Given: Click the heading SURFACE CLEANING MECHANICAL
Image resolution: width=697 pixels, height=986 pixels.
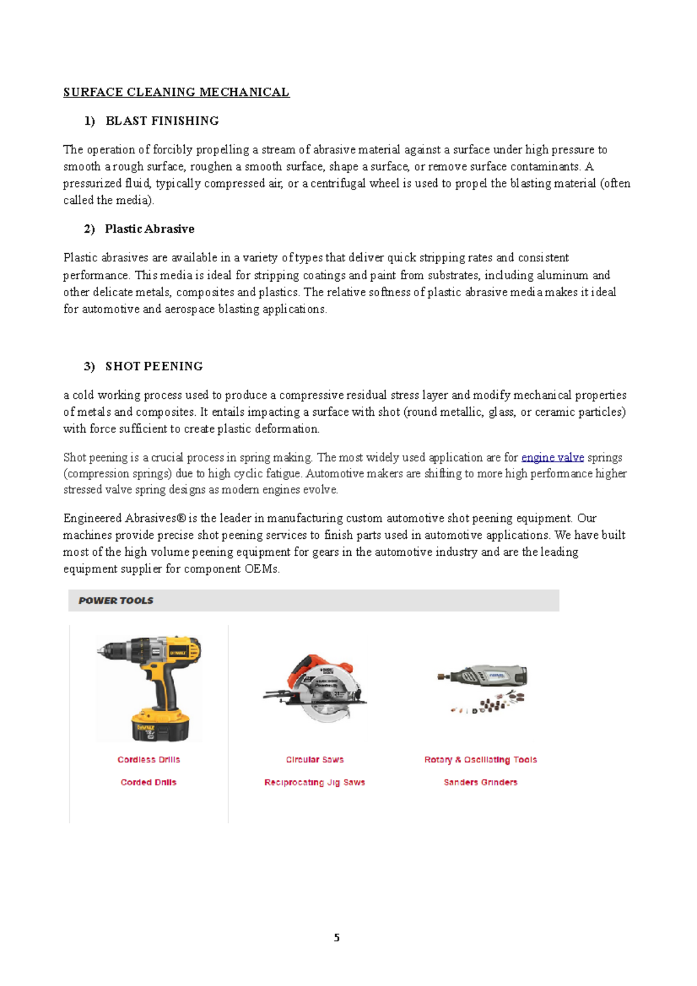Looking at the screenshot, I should tap(176, 92).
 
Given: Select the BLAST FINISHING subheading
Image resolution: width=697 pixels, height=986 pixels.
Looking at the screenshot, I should tap(162, 121).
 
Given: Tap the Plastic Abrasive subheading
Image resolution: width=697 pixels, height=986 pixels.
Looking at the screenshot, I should tap(149, 229).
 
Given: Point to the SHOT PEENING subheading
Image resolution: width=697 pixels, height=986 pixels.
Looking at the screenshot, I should tap(154, 366).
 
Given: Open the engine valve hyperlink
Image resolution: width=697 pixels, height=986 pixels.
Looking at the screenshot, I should tap(552, 458).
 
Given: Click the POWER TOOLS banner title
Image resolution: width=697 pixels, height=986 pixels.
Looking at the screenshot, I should tap(116, 601).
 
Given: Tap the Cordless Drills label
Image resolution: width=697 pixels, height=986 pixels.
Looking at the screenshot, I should tap(149, 760).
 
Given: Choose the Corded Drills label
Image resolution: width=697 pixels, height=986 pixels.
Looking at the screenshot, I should tap(149, 782).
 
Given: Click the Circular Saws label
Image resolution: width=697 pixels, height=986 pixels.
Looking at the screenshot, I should tap(315, 760).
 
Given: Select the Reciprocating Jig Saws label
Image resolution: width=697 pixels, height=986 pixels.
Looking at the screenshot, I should tap(315, 782).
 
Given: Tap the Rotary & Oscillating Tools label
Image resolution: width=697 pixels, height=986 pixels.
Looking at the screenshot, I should tap(480, 760).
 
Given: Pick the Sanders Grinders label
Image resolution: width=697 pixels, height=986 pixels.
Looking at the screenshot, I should tap(480, 782).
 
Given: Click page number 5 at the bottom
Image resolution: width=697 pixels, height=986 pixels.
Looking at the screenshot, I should tap(337, 938).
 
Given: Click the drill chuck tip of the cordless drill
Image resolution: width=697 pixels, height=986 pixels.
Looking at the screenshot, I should tap(102, 651).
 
